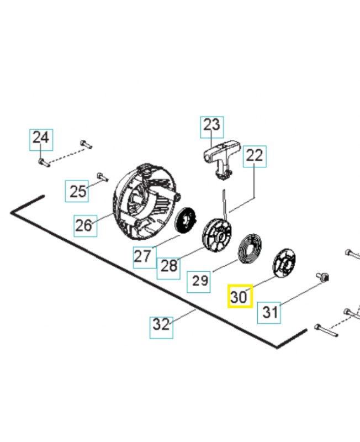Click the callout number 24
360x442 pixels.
pos(40,138)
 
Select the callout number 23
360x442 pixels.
pos(211,127)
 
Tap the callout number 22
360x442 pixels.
pos(255,157)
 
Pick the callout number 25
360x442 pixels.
pos(78,191)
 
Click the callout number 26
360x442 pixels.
pos(83,225)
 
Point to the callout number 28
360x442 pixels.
pos(168,266)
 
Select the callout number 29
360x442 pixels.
pos(200,281)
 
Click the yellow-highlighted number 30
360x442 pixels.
pos(240,297)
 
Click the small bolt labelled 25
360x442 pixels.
pos(100,176)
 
